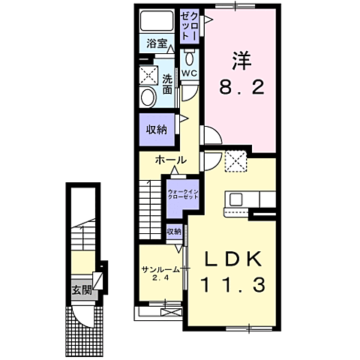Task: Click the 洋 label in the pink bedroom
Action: click(x=241, y=61)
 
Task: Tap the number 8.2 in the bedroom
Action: click(x=241, y=88)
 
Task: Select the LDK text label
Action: click(x=234, y=259)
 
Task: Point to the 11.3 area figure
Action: click(x=232, y=285)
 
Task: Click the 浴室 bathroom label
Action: click(x=157, y=43)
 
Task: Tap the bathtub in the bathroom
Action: click(x=157, y=21)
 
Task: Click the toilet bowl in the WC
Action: click(x=190, y=58)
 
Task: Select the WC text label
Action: click(x=189, y=73)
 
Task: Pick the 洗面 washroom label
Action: click(x=167, y=85)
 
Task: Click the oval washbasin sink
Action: click(x=148, y=97)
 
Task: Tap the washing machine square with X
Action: click(x=148, y=75)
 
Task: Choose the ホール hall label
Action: click(x=170, y=160)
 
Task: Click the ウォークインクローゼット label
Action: click(x=183, y=194)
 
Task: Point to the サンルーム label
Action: click(x=160, y=270)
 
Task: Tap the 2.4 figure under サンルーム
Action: click(x=161, y=277)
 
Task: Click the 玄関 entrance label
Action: click(x=82, y=290)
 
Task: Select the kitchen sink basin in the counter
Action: click(x=236, y=199)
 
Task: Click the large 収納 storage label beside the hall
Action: click(x=157, y=130)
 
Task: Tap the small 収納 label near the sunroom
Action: click(x=174, y=232)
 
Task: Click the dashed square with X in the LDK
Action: click(x=236, y=161)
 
